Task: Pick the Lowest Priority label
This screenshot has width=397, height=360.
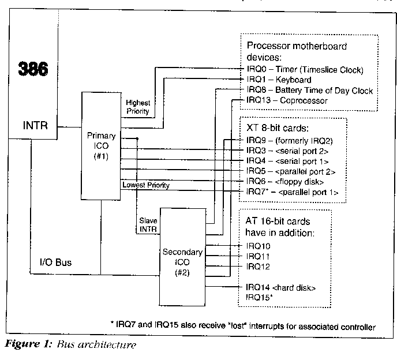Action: tap(145, 185)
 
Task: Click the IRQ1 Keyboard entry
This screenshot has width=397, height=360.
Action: tap(279, 80)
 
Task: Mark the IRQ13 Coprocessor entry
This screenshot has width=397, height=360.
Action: tap(286, 100)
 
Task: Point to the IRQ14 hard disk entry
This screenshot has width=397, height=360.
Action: tap(280, 287)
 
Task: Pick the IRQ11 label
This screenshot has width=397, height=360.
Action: tap(258, 256)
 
